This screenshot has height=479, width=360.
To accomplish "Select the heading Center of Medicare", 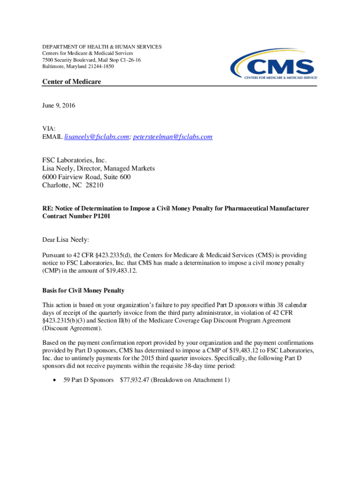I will click(72, 82).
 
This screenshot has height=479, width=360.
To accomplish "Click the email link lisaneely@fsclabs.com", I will click(96, 137).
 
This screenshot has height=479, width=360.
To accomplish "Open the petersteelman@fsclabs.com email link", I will click(173, 137).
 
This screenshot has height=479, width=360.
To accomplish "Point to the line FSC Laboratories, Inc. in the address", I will click(71, 160).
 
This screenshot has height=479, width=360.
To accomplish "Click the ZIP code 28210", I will click(94, 185).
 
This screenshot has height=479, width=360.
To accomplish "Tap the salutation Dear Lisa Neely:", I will click(65, 240).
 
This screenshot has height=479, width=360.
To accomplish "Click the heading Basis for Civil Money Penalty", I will click(83, 291).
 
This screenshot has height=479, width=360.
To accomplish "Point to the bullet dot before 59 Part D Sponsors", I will click(56, 380).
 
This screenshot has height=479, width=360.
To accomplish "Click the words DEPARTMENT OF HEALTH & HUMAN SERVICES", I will click(102, 47).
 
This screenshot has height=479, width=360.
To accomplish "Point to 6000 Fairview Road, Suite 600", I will click(86, 177).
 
